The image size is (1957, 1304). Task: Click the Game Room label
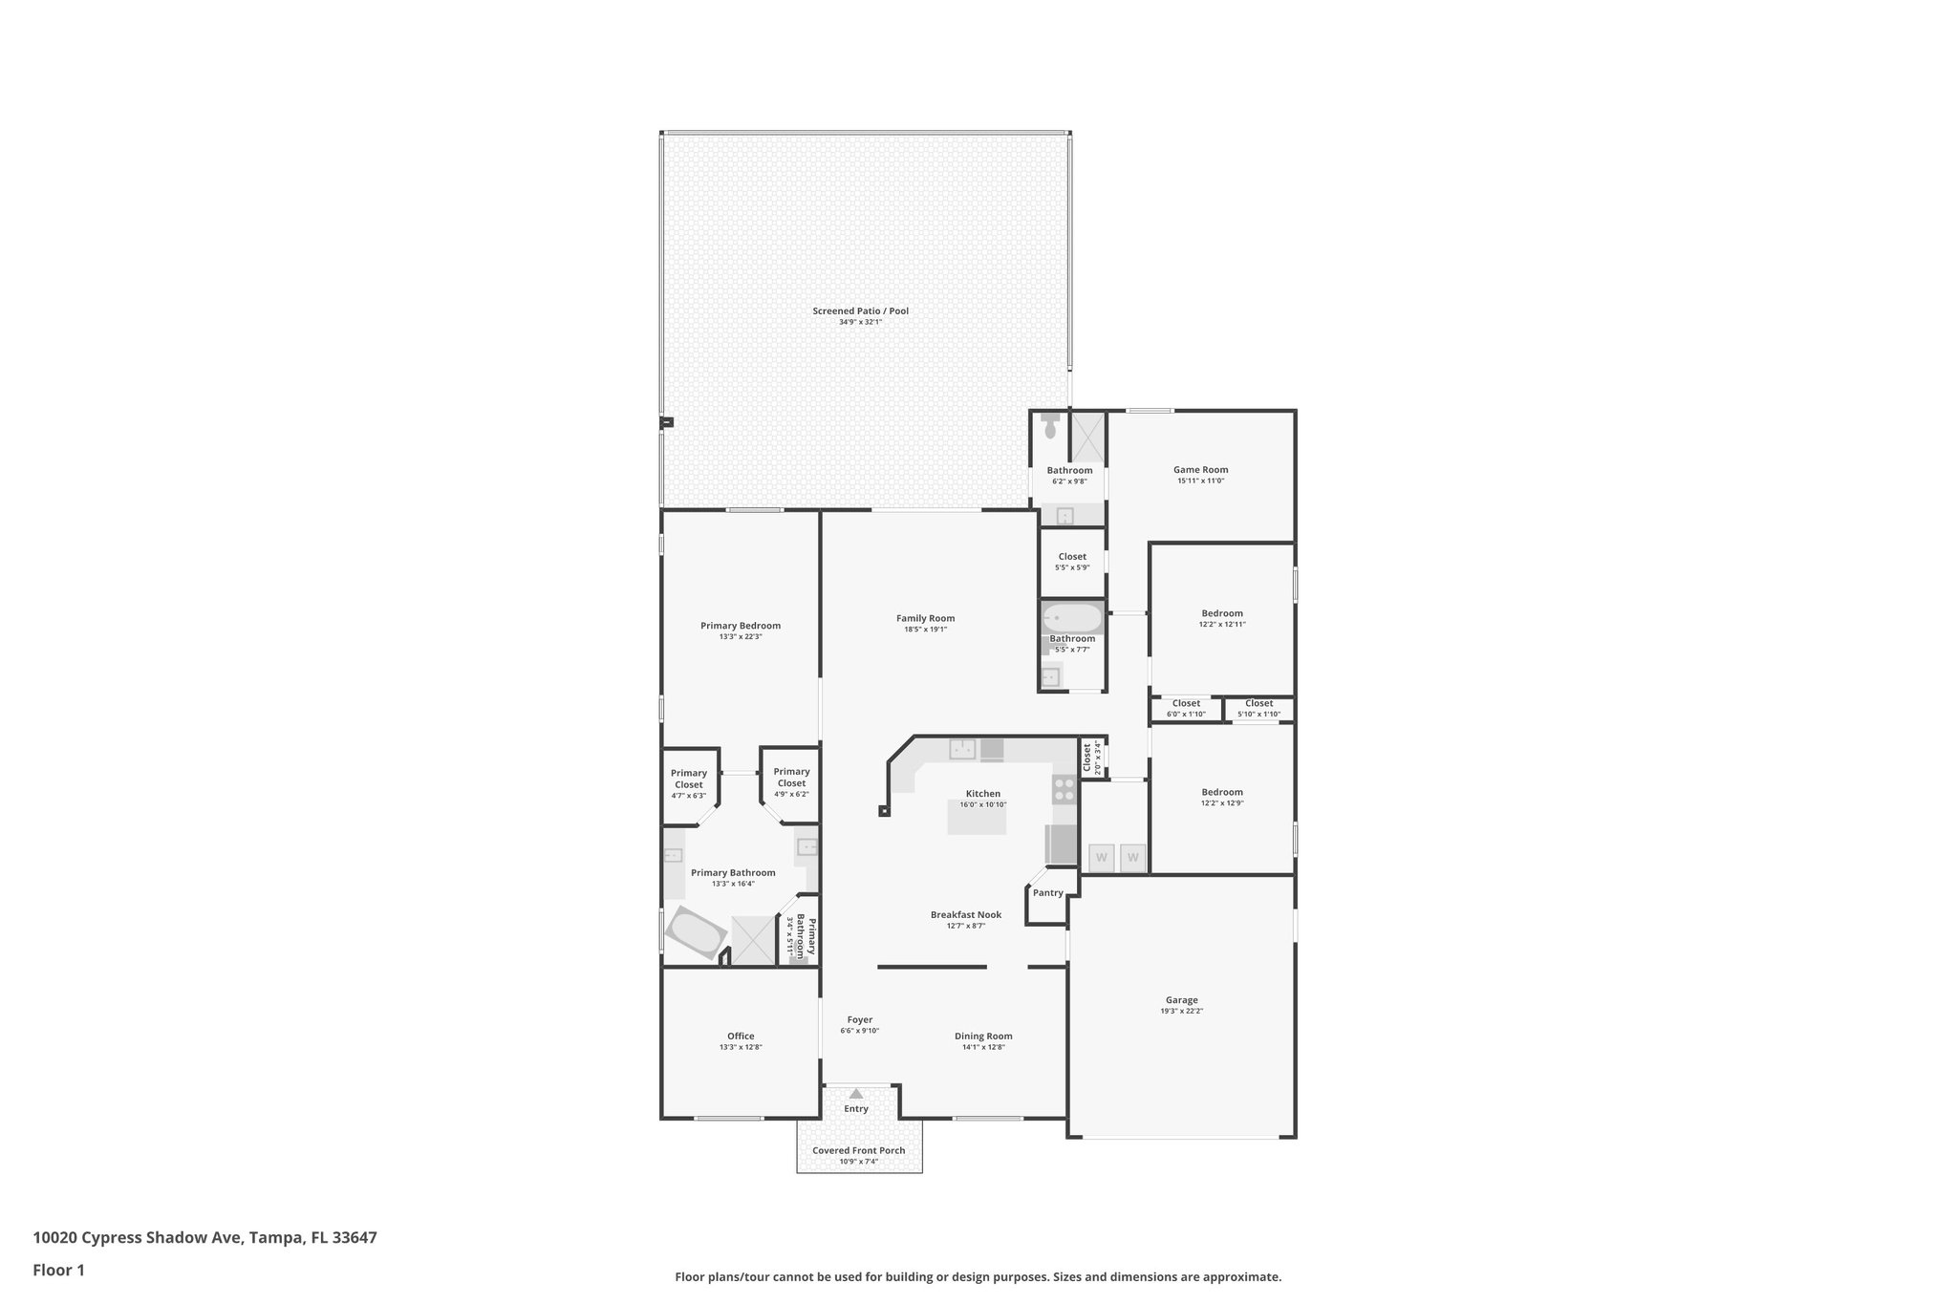[1200, 469]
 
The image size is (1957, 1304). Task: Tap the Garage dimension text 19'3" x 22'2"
[1181, 1011]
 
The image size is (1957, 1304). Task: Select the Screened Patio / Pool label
[860, 310]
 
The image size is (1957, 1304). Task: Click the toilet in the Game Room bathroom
[1050, 426]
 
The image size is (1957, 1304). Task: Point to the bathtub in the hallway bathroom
[1071, 618]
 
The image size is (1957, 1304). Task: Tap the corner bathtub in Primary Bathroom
[696, 933]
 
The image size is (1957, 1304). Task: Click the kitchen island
[977, 818]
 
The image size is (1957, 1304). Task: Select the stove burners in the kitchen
[1064, 789]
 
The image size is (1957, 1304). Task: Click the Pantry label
[1047, 893]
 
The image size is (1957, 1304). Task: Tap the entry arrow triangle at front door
[856, 1093]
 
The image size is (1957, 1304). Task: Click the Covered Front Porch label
[858, 1150]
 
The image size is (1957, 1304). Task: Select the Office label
[741, 1036]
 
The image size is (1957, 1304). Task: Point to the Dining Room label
[983, 1036]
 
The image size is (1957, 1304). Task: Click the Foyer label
[859, 1019]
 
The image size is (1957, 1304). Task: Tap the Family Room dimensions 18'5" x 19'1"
[925, 630]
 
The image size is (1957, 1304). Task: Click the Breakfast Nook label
[965, 914]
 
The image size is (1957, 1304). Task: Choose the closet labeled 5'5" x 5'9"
[1072, 562]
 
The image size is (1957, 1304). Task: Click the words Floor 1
[58, 1271]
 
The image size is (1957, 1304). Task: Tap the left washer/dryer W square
[1101, 857]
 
